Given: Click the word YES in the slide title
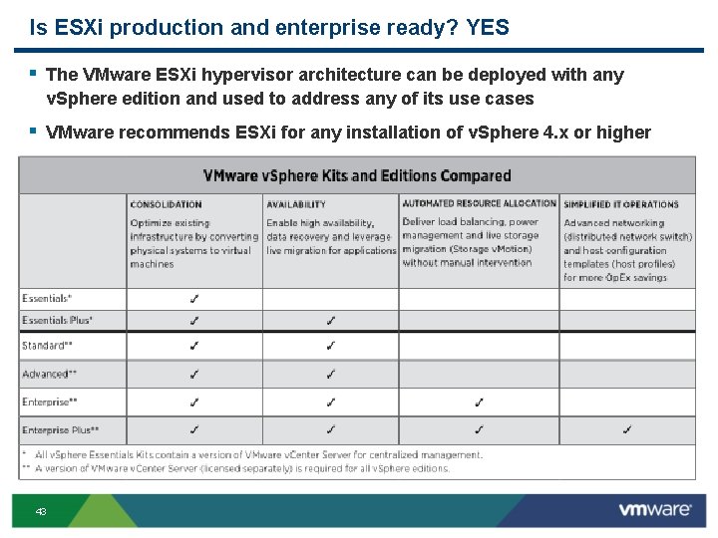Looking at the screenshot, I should pyautogui.click(x=487, y=28).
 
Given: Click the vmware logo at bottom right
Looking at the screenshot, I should pyautogui.click(x=654, y=509).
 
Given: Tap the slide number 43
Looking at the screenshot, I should pyautogui.click(x=41, y=511).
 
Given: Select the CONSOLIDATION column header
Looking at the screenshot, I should pyautogui.click(x=166, y=204).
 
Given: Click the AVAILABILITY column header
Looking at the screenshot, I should pyautogui.click(x=295, y=204).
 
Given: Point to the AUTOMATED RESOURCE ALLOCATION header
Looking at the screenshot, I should pyautogui.click(x=479, y=204).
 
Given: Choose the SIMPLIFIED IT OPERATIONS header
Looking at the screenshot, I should pyautogui.click(x=620, y=204).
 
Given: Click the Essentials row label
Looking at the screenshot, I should pyautogui.click(x=46, y=298).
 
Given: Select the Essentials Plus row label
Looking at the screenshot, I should pyautogui.click(x=58, y=320).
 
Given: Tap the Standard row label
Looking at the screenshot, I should pyautogui.click(x=46, y=346).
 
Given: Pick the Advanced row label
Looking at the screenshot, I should pyautogui.click(x=47, y=374).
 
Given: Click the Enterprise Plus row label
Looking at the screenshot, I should pyautogui.click(x=60, y=429).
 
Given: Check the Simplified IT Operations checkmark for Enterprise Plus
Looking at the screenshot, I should pyautogui.click(x=626, y=429).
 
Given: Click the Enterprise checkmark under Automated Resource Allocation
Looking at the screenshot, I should pyautogui.click(x=479, y=402).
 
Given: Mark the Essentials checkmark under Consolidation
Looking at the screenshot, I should pyautogui.click(x=193, y=298).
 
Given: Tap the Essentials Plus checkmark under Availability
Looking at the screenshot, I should pyautogui.click(x=330, y=320).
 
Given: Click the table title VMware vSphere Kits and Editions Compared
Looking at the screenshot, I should pyautogui.click(x=357, y=176).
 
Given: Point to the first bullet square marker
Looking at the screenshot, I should pyautogui.click(x=34, y=73).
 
